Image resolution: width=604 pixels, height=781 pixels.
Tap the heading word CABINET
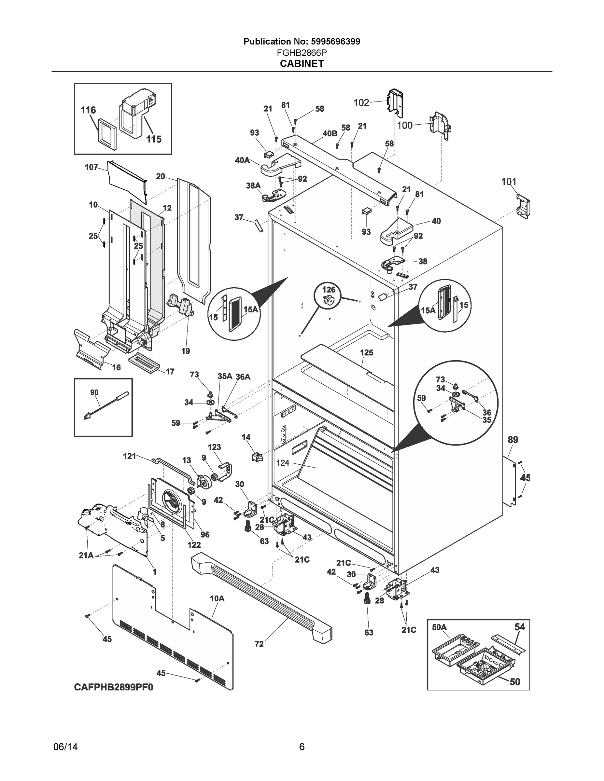302,64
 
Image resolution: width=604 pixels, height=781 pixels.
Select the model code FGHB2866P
302,53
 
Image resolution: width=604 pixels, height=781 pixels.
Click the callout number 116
88,110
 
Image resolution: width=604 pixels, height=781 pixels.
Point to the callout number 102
361,103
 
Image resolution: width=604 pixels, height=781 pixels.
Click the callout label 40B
330,134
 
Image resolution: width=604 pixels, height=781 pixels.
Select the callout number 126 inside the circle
329,289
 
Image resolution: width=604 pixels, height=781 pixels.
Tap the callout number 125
366,353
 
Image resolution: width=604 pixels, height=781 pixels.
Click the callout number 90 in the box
94,393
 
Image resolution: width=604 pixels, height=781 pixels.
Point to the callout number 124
283,463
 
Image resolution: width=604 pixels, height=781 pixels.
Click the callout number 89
513,440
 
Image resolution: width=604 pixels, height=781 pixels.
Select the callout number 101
509,182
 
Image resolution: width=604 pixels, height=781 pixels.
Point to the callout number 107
91,167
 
